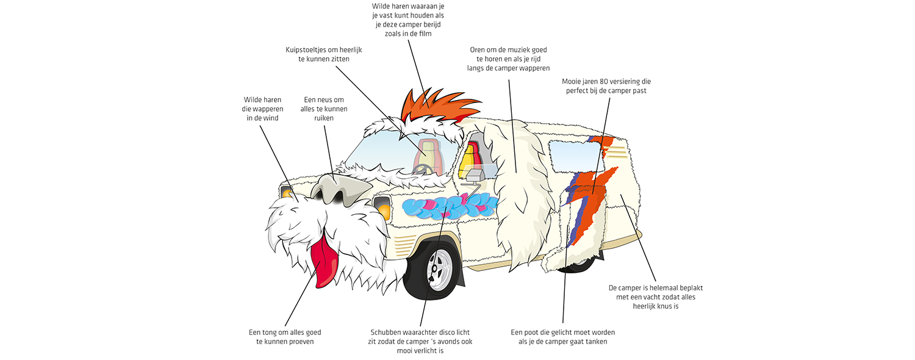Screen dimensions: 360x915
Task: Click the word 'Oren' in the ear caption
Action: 478,49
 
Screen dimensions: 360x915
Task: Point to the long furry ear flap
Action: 518,183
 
